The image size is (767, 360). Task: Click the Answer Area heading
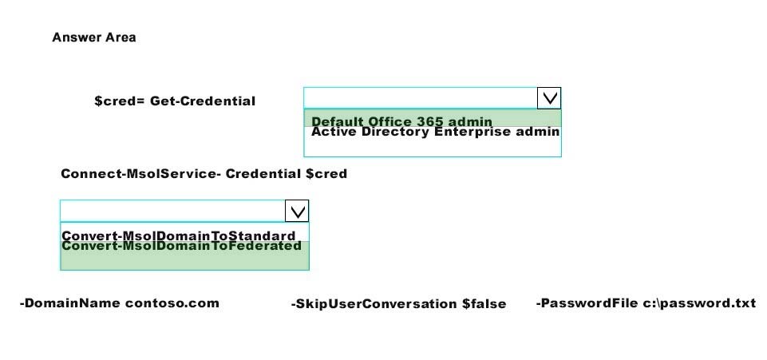click(94, 38)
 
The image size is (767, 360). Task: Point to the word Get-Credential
click(203, 101)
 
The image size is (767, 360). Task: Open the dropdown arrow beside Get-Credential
click(549, 98)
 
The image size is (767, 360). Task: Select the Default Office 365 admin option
click(401, 121)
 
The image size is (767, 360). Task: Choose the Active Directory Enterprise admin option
click(435, 132)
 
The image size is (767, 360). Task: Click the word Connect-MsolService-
click(141, 174)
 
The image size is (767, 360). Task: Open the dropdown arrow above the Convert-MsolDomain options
click(297, 211)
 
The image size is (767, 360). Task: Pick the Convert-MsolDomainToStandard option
click(179, 235)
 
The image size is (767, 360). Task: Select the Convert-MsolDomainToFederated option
click(181, 246)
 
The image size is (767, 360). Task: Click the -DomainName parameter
click(70, 303)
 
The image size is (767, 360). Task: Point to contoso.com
click(172, 303)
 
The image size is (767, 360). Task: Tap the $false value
click(484, 304)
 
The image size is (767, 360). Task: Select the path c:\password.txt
click(699, 303)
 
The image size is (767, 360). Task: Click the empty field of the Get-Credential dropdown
click(421, 98)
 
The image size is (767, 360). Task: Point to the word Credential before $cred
click(263, 174)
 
